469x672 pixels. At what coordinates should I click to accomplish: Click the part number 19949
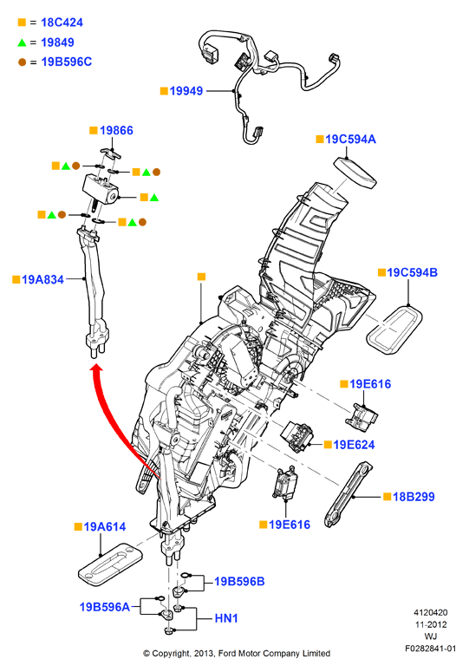[x=186, y=91]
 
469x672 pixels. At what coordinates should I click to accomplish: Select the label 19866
[x=116, y=130]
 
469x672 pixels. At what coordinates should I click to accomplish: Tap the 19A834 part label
[x=42, y=279]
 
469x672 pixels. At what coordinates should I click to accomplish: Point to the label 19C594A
[x=350, y=139]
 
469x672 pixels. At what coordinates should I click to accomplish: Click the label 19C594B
[x=413, y=272]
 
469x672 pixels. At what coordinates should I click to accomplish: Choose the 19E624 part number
[x=355, y=445]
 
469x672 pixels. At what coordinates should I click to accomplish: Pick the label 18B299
[x=414, y=497]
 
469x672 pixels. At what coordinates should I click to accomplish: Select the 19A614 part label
[x=105, y=526]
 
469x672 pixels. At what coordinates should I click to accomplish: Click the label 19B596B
[x=239, y=582]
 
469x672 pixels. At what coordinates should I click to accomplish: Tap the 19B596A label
[x=105, y=607]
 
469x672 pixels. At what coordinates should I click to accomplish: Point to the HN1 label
[x=226, y=618]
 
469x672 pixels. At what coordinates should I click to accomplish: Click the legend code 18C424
[x=62, y=23]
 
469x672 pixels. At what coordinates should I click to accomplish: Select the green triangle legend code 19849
[x=57, y=42]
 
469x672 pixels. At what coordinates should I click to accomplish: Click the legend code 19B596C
[x=67, y=62]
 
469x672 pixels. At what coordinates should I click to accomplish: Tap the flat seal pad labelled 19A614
[x=109, y=564]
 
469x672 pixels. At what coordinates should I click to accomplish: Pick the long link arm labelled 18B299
[x=348, y=494]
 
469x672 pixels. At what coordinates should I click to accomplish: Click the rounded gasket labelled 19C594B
[x=394, y=329]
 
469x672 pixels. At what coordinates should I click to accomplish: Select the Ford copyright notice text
[x=237, y=654]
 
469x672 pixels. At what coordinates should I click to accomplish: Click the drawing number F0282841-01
[x=431, y=649]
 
